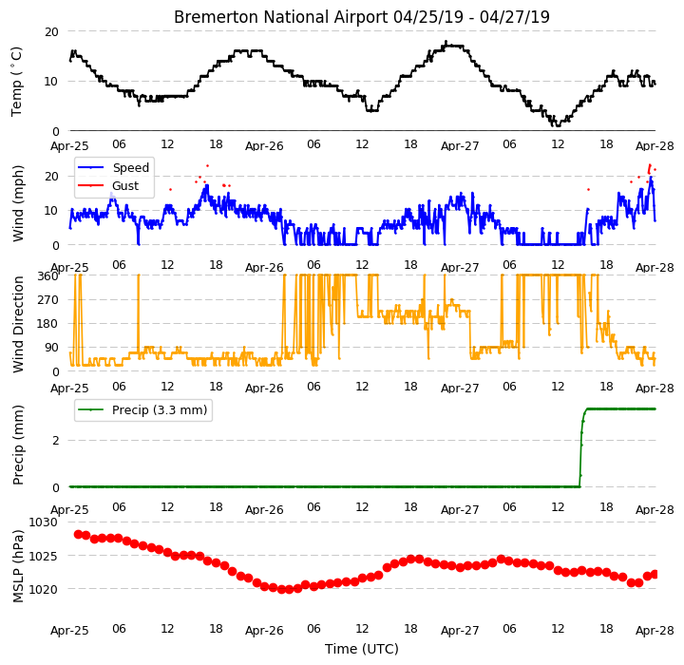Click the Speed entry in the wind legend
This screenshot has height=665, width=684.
click(131, 167)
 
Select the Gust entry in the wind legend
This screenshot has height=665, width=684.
click(125, 186)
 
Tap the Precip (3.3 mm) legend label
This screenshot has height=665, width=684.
click(160, 410)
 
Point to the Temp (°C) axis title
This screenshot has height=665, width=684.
click(16, 82)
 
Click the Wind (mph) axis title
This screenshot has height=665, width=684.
click(18, 204)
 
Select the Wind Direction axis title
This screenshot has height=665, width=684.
click(18, 324)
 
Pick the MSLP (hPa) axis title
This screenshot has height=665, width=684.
click(18, 566)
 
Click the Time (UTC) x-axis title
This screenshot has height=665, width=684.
click(362, 649)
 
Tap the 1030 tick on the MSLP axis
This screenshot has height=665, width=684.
click(43, 522)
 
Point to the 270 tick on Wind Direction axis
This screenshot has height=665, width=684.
click(48, 300)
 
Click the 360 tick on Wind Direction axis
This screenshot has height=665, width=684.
click(48, 275)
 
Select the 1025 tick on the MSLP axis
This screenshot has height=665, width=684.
click(43, 556)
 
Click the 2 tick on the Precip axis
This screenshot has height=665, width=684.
click(55, 440)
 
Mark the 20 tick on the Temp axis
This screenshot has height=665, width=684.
click(51, 32)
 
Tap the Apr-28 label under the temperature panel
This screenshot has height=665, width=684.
click(655, 145)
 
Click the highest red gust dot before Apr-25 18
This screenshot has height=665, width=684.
click(208, 166)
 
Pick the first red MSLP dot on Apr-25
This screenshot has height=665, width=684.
click(78, 534)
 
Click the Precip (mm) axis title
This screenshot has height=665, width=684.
click(18, 446)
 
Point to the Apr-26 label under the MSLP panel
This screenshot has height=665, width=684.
click(264, 630)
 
